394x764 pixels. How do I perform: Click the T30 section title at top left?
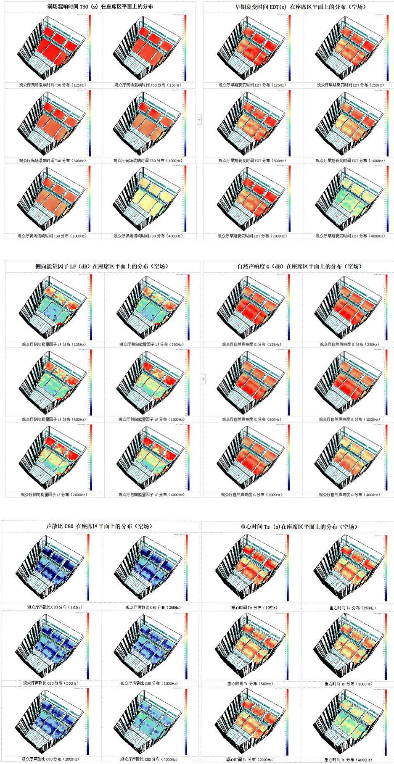click(x=100, y=7)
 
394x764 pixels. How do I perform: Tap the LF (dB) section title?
click(x=101, y=266)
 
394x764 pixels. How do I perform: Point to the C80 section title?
click(x=99, y=526)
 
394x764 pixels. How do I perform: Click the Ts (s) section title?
click(x=299, y=527)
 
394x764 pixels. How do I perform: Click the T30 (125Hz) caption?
click(x=52, y=85)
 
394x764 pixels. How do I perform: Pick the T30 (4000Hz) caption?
click(x=148, y=236)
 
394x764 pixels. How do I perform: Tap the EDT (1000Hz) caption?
click(x=350, y=161)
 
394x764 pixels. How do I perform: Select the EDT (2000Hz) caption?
click(x=252, y=236)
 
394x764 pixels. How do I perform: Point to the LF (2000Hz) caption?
click(x=54, y=495)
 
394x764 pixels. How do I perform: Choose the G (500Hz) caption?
click(x=251, y=419)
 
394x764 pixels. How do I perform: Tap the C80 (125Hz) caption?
click(x=55, y=607)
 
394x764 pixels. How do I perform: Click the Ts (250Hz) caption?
click(x=352, y=608)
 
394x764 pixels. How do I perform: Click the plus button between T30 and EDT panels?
click(x=199, y=120)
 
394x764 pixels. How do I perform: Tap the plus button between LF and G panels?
click(x=204, y=379)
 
